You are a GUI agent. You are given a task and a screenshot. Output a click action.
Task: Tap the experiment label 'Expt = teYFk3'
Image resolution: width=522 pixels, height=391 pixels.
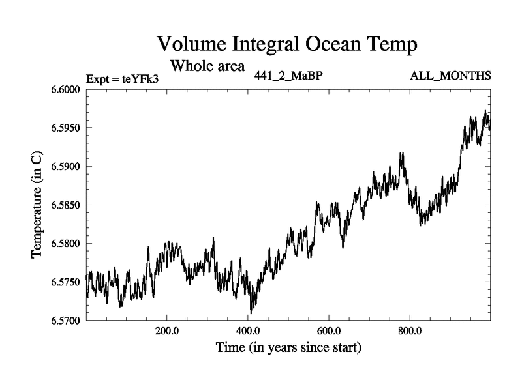coord(123,80)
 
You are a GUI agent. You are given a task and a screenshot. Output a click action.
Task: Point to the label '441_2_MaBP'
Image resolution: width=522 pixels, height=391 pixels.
coord(288,76)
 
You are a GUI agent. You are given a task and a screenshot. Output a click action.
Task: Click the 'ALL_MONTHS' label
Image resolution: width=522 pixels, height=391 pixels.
coord(450,76)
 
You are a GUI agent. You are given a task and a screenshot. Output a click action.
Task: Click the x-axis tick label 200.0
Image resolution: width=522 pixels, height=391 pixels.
coord(167,331)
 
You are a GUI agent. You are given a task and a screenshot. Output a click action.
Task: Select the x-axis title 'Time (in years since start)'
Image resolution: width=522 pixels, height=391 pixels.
coord(288,348)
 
